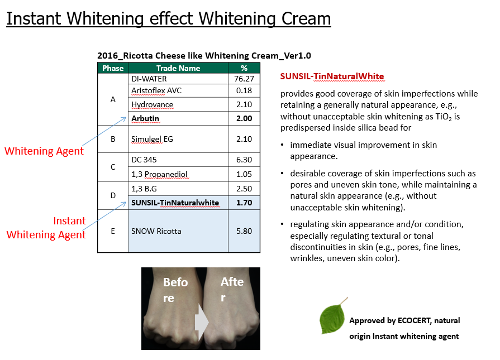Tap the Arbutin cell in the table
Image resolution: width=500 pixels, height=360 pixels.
click(x=145, y=118)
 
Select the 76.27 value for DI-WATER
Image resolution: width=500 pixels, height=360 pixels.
click(x=244, y=79)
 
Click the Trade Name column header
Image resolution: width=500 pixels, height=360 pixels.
click(x=178, y=68)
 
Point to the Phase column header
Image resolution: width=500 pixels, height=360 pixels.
click(x=113, y=68)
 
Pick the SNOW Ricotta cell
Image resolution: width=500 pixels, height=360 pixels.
click(x=156, y=231)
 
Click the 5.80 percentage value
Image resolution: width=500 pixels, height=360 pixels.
click(x=244, y=231)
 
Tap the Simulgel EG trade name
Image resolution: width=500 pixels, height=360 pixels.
click(x=152, y=139)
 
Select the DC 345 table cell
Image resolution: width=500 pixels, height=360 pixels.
click(x=144, y=160)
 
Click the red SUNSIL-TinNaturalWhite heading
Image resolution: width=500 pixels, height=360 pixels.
click(x=332, y=76)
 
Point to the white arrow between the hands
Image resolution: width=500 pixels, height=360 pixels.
click(x=202, y=323)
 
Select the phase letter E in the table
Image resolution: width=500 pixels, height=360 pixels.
click(x=113, y=231)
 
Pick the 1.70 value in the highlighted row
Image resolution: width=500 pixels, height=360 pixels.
click(x=244, y=203)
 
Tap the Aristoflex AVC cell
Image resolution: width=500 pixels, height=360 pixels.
click(x=156, y=91)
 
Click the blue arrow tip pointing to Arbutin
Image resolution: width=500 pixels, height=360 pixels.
click(x=126, y=117)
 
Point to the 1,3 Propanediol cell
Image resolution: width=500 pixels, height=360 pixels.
click(x=159, y=174)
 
